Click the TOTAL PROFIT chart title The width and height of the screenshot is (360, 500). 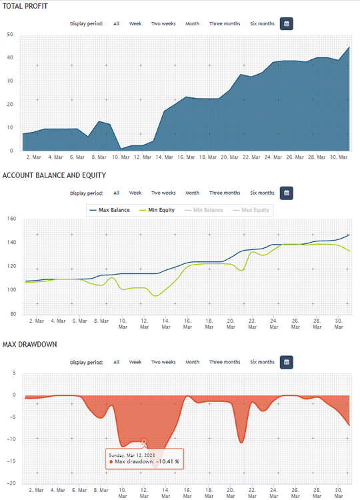tap(25, 6)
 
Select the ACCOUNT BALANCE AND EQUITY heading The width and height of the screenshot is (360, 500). tap(54, 175)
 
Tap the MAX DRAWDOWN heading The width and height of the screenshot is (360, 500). tap(29, 345)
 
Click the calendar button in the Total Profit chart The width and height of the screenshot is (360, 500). tap(287, 23)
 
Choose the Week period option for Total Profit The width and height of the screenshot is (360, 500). tap(135, 23)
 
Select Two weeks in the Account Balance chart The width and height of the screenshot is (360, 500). tap(163, 193)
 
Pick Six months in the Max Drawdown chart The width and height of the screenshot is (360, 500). tap(262, 362)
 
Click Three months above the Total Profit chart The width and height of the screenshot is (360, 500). tap(225, 23)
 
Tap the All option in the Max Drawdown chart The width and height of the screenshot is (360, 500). tap(117, 362)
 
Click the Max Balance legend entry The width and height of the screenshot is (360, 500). tap(110, 210)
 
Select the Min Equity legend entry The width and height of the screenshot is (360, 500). tap(157, 210)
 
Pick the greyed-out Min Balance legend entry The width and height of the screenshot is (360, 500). tap(204, 210)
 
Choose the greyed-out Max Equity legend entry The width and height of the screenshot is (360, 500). tap(251, 210)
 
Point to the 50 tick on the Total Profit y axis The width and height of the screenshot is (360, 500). tap(10, 35)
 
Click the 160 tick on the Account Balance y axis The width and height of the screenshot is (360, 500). tap(11, 219)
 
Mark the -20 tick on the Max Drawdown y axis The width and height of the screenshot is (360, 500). tap(11, 483)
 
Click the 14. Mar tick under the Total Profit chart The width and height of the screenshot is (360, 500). tap(164, 157)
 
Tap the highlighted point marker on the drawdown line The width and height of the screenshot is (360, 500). tap(144, 441)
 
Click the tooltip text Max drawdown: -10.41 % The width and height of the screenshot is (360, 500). tap(147, 462)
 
